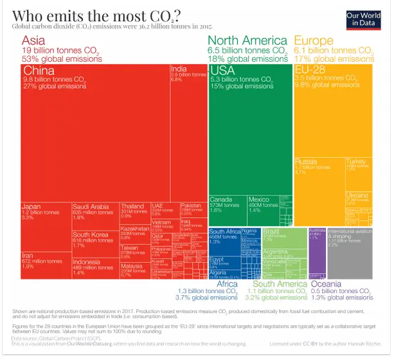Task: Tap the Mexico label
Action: tap(259, 199)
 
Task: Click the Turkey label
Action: tap(355, 161)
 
